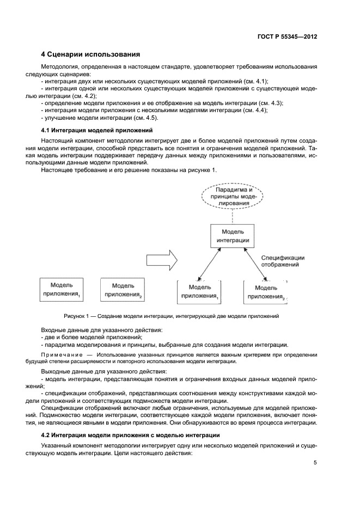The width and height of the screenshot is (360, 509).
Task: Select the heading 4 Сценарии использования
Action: [91, 54]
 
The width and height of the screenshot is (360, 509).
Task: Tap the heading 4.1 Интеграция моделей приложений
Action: [97, 130]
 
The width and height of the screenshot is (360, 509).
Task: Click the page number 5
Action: [315, 463]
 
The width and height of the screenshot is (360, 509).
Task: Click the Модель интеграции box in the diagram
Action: [233, 236]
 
